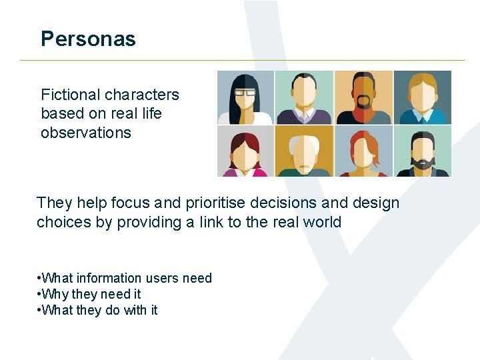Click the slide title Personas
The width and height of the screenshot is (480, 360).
(88, 39)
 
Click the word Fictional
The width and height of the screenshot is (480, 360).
(69, 95)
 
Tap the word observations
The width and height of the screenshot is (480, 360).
(86, 133)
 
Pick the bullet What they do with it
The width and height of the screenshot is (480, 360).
(99, 310)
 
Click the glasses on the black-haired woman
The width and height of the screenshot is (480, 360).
(245, 93)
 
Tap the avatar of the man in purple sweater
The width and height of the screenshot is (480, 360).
(304, 97)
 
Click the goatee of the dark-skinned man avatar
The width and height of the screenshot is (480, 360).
(363, 102)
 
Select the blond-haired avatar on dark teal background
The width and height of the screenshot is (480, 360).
(422, 97)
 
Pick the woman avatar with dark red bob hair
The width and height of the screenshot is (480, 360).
(245, 151)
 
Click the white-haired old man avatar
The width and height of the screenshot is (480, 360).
(304, 151)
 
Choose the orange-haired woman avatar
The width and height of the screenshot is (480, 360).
(363, 151)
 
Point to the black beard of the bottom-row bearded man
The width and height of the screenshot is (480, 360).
(422, 162)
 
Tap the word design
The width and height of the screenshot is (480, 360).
(377, 203)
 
